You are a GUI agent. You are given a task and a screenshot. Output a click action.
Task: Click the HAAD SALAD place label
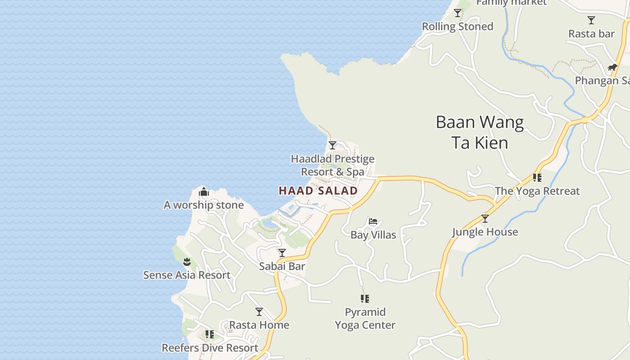(318, 191)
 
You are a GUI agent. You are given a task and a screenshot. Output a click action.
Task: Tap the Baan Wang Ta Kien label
(480, 132)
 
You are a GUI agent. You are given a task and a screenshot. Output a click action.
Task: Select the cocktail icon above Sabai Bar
(282, 253)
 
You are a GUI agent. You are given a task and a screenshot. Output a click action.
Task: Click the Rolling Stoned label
(458, 27)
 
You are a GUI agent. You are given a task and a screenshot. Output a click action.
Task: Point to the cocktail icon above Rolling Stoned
(458, 13)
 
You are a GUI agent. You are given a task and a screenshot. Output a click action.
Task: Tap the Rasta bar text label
(591, 34)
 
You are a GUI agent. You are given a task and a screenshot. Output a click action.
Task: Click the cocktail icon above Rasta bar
(591, 20)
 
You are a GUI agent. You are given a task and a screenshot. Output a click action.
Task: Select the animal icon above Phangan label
(612, 67)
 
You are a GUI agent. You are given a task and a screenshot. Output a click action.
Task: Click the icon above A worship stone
(204, 192)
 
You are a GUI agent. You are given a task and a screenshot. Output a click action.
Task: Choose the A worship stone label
(204, 205)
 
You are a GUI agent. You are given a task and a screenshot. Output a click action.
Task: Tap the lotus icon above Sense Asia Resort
(187, 261)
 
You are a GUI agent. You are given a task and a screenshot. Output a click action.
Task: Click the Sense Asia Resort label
(187, 275)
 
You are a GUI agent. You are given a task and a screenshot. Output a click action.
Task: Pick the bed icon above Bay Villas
(373, 221)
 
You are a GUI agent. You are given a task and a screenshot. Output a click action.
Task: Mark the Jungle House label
(485, 232)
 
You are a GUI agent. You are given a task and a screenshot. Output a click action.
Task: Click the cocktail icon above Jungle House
(485, 219)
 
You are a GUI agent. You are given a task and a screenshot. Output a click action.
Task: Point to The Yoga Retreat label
(537, 191)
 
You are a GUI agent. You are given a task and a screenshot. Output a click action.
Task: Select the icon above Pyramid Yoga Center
(365, 298)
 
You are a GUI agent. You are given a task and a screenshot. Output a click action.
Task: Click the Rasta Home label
(259, 325)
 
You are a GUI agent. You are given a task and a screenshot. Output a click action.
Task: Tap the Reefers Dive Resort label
(210, 348)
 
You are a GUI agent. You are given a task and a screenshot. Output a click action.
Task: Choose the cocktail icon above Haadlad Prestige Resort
(333, 145)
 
